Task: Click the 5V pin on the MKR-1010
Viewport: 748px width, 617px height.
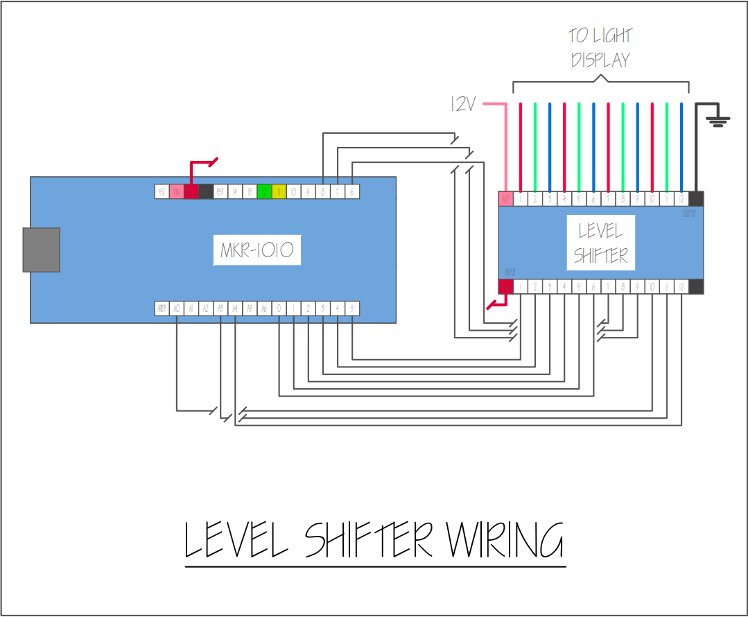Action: (162, 191)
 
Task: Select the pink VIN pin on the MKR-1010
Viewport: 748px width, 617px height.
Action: (176, 191)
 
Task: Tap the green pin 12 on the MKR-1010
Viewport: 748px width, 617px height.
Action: (264, 191)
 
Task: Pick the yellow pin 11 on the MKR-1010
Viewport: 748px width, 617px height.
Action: (279, 191)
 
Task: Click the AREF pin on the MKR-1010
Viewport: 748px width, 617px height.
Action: (162, 308)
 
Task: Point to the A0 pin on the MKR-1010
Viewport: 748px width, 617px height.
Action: (176, 308)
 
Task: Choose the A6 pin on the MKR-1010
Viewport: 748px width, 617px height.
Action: (264, 308)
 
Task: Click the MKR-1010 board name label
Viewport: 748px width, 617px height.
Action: (257, 250)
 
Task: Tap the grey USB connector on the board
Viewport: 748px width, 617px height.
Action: (41, 250)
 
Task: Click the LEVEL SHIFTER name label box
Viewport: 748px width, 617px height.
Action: (601, 243)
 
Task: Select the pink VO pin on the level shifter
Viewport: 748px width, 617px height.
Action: (505, 199)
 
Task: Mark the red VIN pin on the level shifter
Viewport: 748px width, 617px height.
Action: (505, 286)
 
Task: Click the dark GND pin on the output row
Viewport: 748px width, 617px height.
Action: (696, 199)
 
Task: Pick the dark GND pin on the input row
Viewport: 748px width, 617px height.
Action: (696, 286)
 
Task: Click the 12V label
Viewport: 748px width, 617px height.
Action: (463, 104)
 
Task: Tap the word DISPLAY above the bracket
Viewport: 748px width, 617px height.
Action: (600, 60)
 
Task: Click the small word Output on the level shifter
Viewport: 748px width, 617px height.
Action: (689, 214)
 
